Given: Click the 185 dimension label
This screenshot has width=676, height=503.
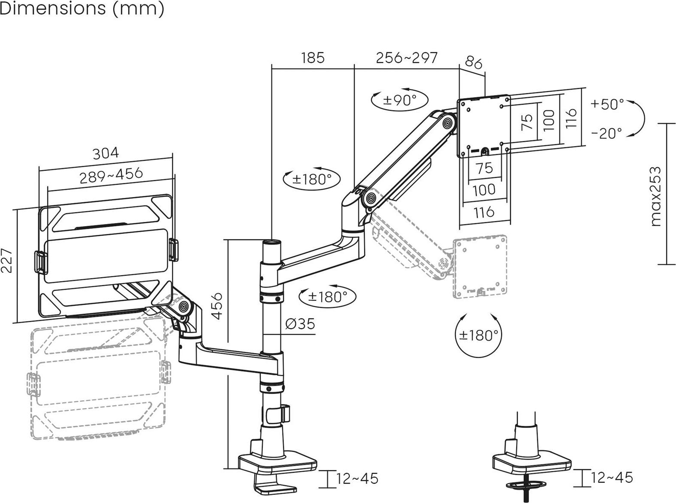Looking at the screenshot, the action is pyautogui.click(x=312, y=58).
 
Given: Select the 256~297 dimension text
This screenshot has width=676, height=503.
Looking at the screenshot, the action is pyautogui.click(x=406, y=58).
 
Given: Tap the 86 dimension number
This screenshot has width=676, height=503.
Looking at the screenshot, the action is pyautogui.click(x=474, y=63).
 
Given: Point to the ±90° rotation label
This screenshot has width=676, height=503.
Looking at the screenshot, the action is pyautogui.click(x=400, y=100).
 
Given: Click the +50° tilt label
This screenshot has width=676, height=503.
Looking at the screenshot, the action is pyautogui.click(x=607, y=104).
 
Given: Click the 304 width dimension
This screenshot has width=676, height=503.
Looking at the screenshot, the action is pyautogui.click(x=105, y=153).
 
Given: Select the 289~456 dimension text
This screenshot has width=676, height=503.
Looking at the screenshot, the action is pyautogui.click(x=111, y=176).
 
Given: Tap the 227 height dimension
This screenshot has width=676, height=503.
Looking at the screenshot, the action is pyautogui.click(x=7, y=260).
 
